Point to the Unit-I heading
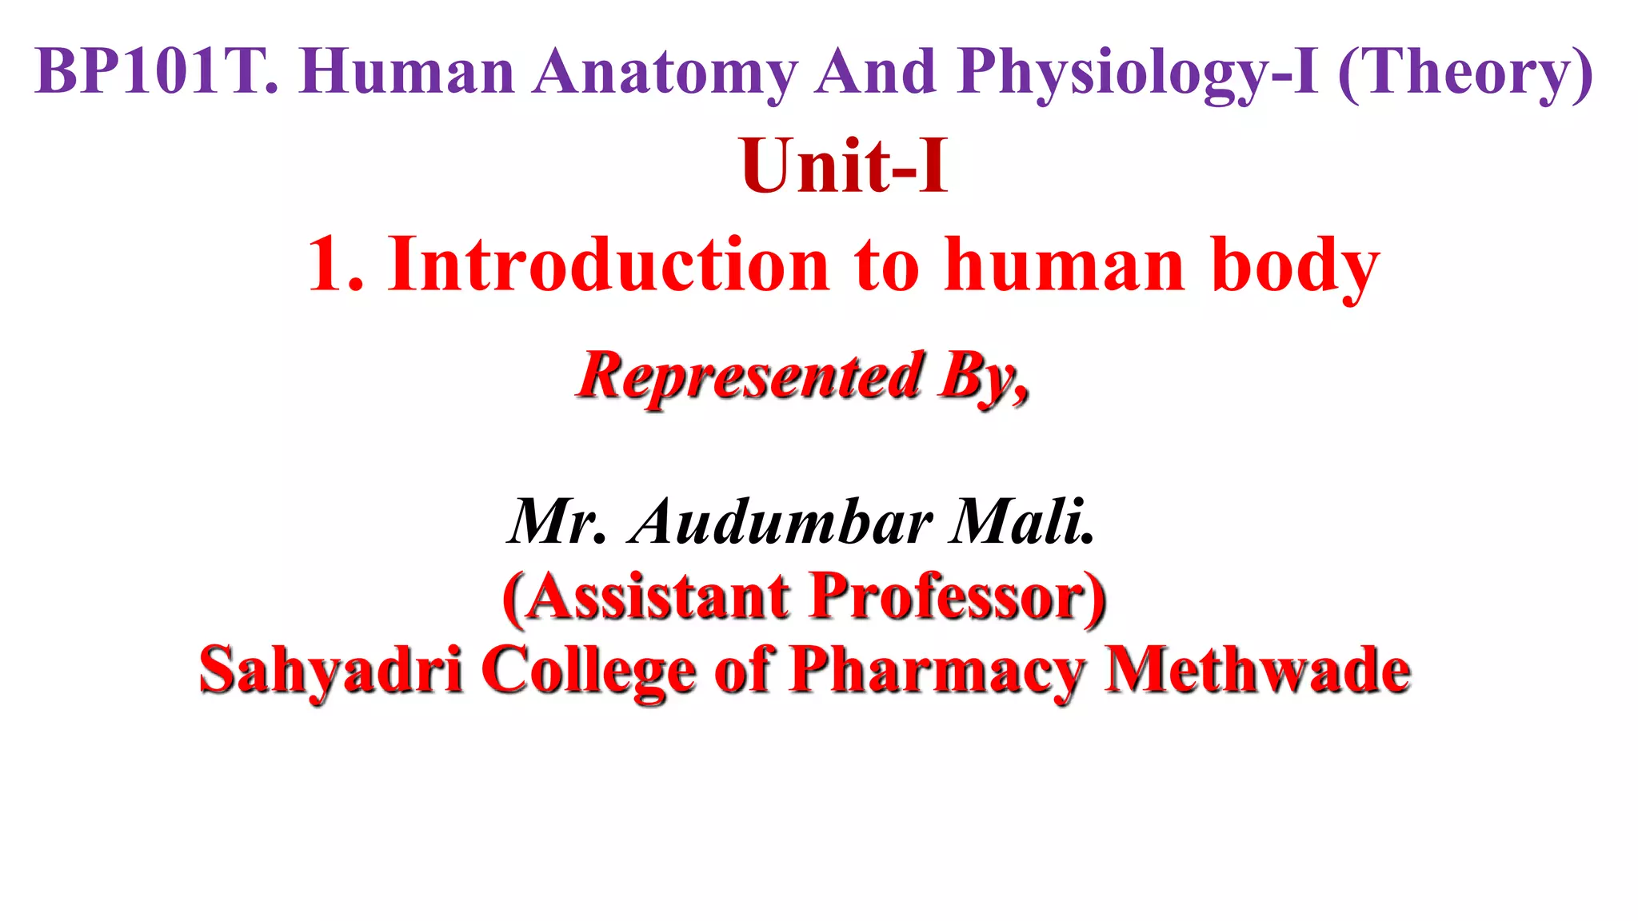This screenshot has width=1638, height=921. [x=845, y=166]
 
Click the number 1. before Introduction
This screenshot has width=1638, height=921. [x=336, y=265]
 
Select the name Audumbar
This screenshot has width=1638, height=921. [x=781, y=521]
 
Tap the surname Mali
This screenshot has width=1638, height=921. [x=1021, y=521]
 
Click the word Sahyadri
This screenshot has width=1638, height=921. [x=330, y=670]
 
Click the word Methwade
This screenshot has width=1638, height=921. [x=1257, y=670]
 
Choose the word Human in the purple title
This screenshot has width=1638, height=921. [x=407, y=72]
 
